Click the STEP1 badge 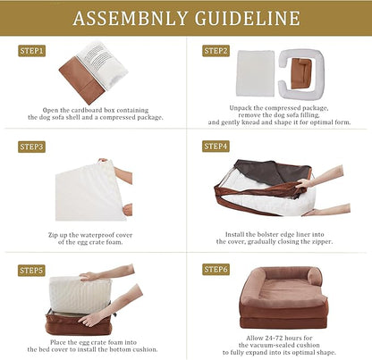tap(31, 51)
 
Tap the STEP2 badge tap(216, 51)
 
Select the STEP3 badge tap(31, 147)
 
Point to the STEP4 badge tap(216, 147)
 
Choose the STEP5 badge tap(31, 271)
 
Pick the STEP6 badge tap(216, 270)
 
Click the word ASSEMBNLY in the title tap(130, 18)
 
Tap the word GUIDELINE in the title tap(248, 18)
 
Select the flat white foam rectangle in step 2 tap(256, 73)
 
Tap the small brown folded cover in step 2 tap(301, 73)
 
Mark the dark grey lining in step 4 tap(270, 172)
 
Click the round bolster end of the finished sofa tap(314, 277)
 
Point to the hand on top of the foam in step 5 tap(91, 276)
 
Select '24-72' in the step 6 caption tap(270, 339)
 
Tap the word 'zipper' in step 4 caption tap(322, 242)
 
